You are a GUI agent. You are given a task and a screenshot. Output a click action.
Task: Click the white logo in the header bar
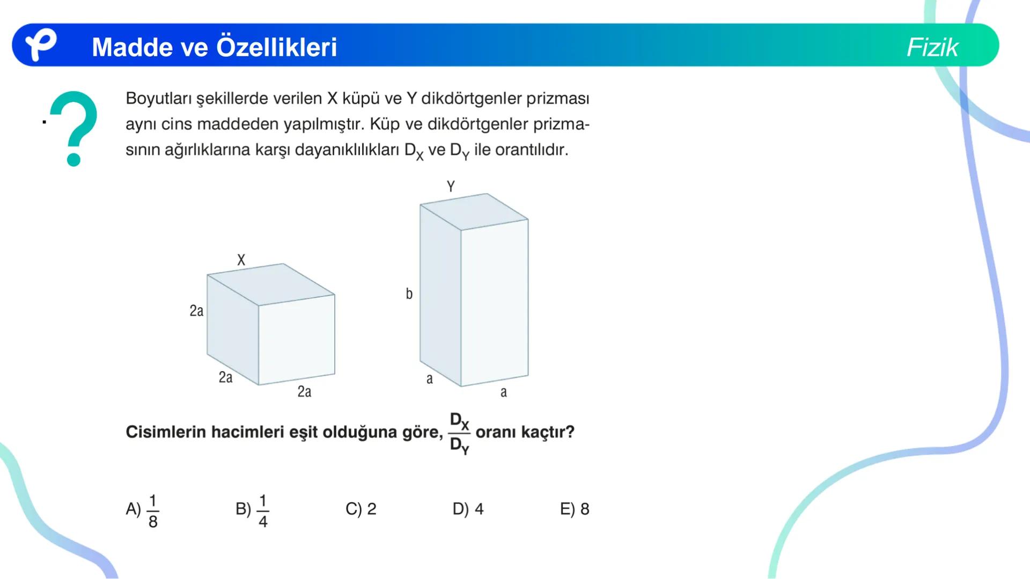(x=41, y=44)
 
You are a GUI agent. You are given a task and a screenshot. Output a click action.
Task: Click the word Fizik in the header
(x=932, y=47)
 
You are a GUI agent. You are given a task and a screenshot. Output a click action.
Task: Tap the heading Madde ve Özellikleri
(x=214, y=47)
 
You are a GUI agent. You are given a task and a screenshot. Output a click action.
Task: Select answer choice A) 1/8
(x=142, y=509)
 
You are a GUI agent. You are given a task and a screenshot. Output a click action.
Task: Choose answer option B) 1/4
(x=252, y=509)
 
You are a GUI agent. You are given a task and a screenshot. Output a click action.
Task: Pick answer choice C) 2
(x=361, y=509)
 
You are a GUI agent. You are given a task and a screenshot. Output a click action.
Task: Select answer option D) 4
(x=468, y=509)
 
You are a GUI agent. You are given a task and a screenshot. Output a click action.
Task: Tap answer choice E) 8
(x=575, y=509)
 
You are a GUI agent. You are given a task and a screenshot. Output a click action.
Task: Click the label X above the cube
(x=241, y=260)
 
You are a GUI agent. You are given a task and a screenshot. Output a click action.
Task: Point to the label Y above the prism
(x=451, y=186)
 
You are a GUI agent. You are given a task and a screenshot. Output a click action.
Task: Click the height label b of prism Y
(x=409, y=294)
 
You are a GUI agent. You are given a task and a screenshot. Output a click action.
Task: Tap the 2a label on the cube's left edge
(x=196, y=311)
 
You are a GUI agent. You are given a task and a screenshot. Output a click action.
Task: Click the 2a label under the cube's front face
(x=304, y=392)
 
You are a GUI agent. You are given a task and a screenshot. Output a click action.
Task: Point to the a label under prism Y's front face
(x=503, y=392)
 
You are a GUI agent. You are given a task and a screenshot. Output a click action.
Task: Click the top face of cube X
(x=271, y=284)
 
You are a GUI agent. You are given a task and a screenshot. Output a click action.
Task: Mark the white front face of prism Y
(x=495, y=303)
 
